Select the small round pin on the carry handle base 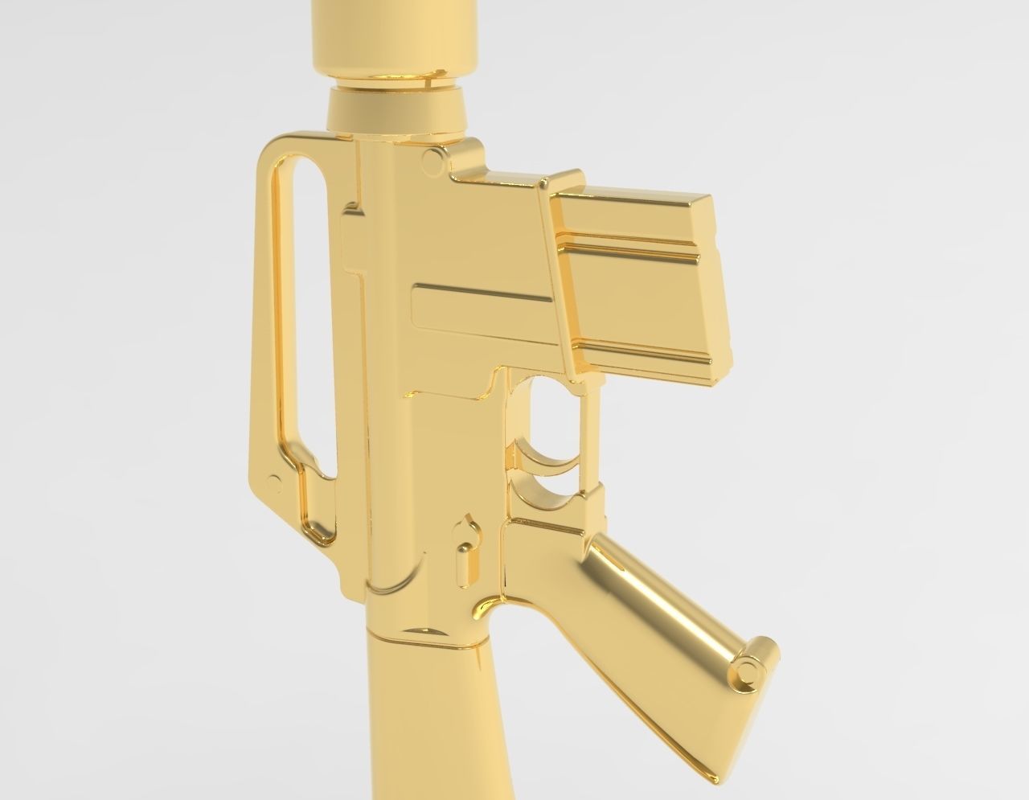pyautogui.click(x=274, y=483)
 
